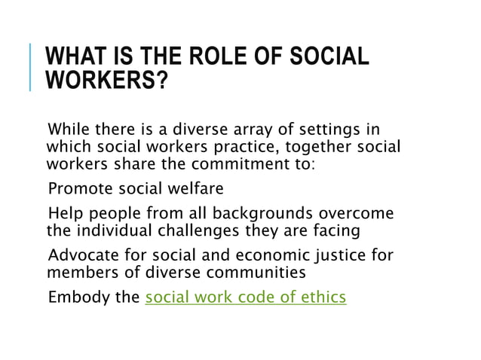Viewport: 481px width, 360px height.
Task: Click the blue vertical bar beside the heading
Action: click(x=32, y=68)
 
